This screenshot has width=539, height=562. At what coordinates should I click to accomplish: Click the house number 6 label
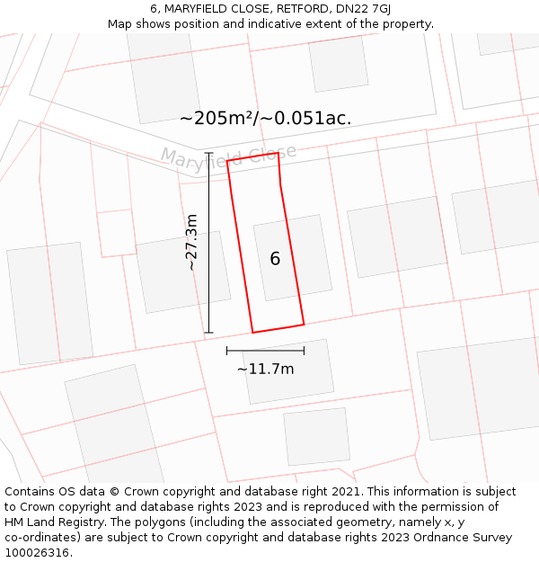click(x=275, y=259)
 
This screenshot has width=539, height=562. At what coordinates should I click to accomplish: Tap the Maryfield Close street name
click(x=228, y=155)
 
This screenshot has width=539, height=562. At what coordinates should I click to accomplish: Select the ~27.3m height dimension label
click(x=191, y=242)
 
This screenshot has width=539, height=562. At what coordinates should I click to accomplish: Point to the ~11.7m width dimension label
click(x=265, y=369)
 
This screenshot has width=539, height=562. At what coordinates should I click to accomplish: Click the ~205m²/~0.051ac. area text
click(x=265, y=118)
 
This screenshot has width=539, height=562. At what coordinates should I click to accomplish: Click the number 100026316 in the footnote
click(x=35, y=553)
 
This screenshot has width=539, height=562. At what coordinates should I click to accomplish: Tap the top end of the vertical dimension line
click(x=209, y=153)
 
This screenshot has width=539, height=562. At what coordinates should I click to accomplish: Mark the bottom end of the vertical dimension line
click(x=209, y=333)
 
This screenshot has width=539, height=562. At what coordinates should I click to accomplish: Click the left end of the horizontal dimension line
click(x=227, y=351)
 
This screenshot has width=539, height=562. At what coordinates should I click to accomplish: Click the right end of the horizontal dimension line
click(x=304, y=351)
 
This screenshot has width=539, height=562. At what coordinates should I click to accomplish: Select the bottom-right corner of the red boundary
click(x=304, y=324)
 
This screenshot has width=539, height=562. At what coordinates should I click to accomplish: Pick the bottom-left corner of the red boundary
click(x=252, y=333)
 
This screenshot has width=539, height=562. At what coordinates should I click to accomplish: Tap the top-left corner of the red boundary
click(x=227, y=161)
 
